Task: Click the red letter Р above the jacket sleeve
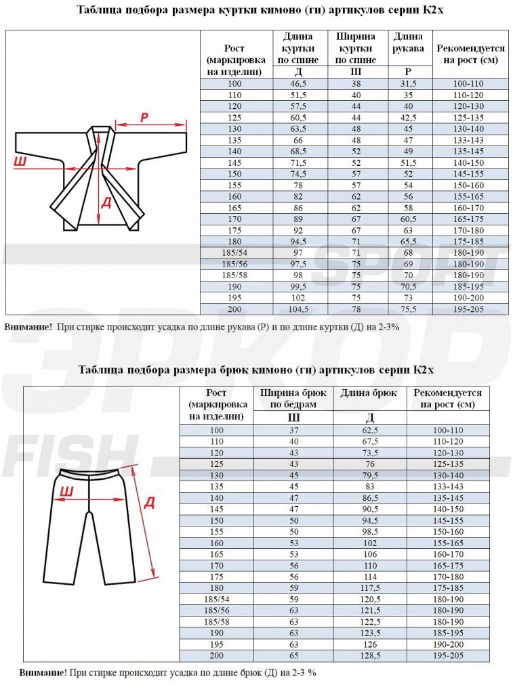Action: coord(144,117)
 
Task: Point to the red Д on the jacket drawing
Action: coord(106,202)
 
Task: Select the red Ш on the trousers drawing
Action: coord(67,491)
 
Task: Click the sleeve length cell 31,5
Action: coord(409,84)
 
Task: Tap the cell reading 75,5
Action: coord(409,309)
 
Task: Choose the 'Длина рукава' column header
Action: coord(409,43)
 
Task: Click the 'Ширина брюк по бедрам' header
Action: coord(293,398)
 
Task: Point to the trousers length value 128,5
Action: coord(369,656)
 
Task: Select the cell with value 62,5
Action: coord(369,430)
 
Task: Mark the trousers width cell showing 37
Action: coord(293,430)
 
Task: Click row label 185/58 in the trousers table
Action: coord(216,621)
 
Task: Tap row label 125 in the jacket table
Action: coord(235,118)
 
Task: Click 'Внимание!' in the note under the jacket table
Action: coord(28,327)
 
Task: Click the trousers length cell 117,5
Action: coord(369,587)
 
